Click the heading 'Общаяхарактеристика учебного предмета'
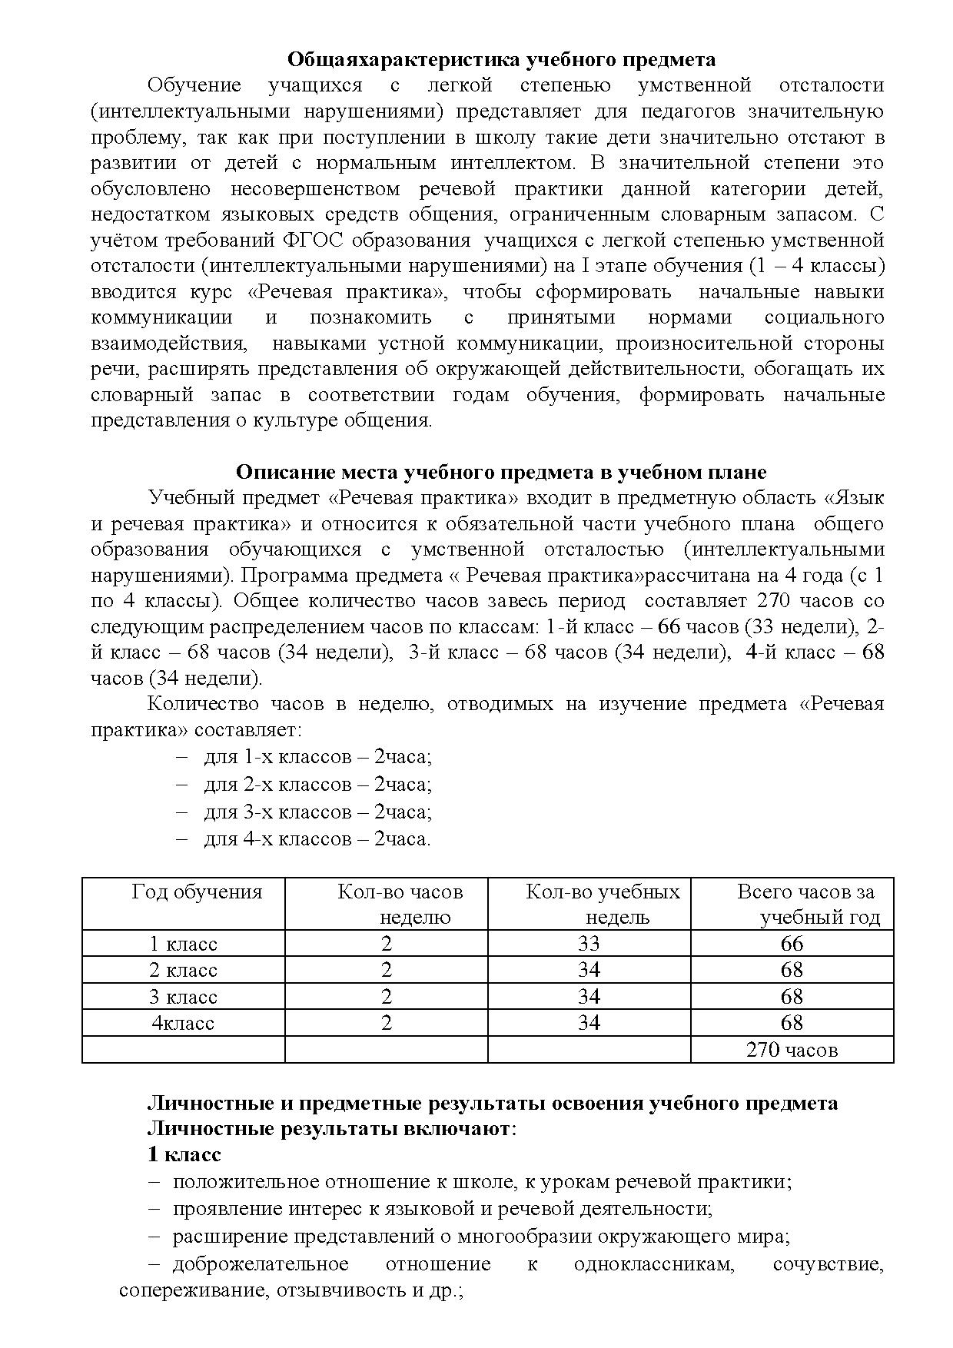(x=501, y=59)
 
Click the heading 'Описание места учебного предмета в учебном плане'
(x=501, y=471)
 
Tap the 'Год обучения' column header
(x=197, y=891)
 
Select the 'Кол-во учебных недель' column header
(x=603, y=904)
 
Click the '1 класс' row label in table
(x=184, y=944)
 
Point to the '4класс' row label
(x=183, y=1023)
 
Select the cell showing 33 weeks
(x=589, y=944)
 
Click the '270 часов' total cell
(x=792, y=1050)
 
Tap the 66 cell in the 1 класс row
(x=792, y=944)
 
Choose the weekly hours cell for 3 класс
(x=386, y=997)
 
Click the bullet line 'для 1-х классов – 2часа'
(x=317, y=757)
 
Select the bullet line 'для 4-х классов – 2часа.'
(x=317, y=838)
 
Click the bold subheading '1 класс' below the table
(x=184, y=1154)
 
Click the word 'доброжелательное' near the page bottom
(x=261, y=1264)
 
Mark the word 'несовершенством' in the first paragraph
(x=315, y=188)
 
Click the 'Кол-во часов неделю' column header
(x=400, y=904)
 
